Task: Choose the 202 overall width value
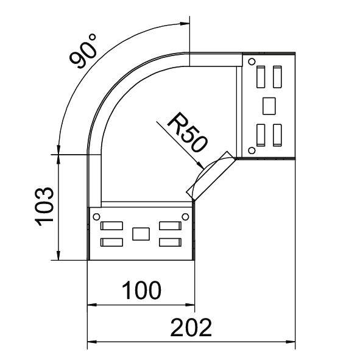pyautogui.click(x=191, y=328)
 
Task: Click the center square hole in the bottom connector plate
pyautogui.click(x=141, y=233)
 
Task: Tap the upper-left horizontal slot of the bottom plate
pyautogui.click(x=111, y=226)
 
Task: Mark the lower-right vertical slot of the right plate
pyautogui.click(x=278, y=133)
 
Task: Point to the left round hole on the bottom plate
pyautogui.click(x=96, y=216)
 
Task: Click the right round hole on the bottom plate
pyautogui.click(x=185, y=216)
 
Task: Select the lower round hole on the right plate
pyautogui.click(x=250, y=150)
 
